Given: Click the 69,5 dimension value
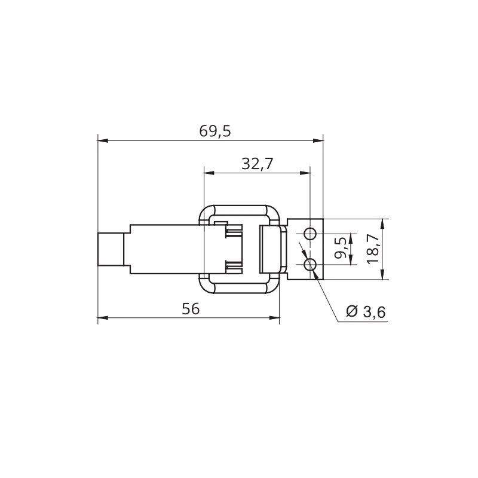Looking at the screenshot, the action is tap(215, 131).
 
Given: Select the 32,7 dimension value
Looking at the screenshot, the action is tap(258, 164).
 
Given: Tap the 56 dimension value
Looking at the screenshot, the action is tap(191, 309).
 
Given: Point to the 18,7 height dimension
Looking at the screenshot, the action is tap(373, 249).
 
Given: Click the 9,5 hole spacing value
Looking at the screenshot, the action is tap(341, 248).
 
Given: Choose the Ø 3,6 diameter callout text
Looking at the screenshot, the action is tap(366, 311).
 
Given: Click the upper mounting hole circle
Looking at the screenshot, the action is tap(310, 234).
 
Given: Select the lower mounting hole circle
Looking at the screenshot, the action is tap(310, 264).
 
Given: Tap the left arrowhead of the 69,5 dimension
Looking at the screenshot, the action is tap(103, 140).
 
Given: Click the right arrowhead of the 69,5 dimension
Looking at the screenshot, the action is tap(318, 140).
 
